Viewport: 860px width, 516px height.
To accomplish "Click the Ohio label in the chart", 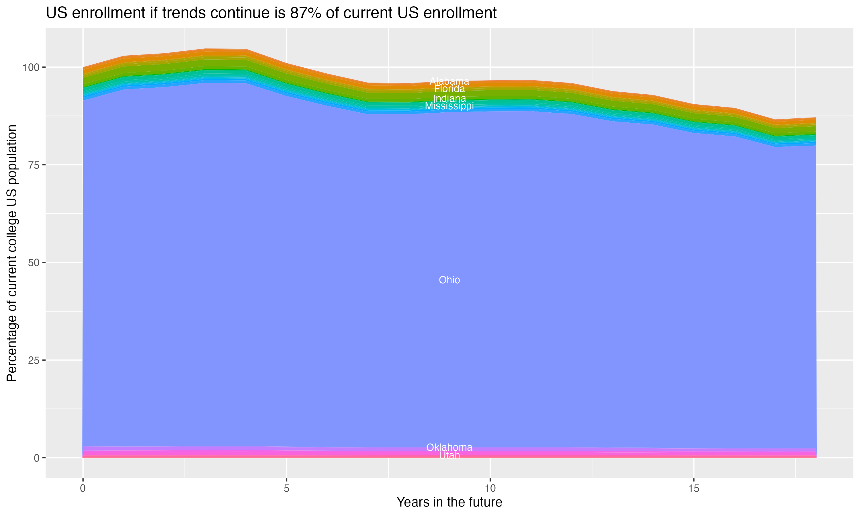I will click(x=449, y=280).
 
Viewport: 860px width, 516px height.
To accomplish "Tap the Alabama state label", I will click(x=449, y=81).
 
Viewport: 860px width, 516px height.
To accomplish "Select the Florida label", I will click(x=449, y=89).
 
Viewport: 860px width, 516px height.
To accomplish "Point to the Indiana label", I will click(x=449, y=98).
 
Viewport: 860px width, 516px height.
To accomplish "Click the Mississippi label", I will click(x=449, y=106).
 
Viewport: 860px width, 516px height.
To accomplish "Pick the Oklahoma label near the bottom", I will click(x=449, y=447).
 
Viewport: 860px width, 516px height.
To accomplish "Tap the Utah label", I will click(x=449, y=455).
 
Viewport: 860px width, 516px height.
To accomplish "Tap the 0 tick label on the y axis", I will click(x=36, y=458).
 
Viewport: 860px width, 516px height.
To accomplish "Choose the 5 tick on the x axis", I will click(x=286, y=488).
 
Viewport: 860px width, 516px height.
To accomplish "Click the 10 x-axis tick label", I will click(x=490, y=488).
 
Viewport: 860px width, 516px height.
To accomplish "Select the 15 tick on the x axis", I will click(x=693, y=488).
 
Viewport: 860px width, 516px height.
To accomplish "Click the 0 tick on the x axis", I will click(x=83, y=488).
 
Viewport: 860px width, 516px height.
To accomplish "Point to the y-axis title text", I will click(x=12, y=253).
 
